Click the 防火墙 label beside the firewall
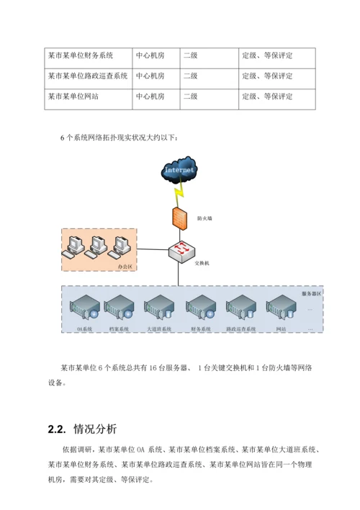(x=204, y=218)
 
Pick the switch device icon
(x=179, y=250)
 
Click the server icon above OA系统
(x=83, y=308)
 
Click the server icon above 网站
(x=280, y=308)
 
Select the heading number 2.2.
(x=56, y=430)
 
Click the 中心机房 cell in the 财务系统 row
(x=150, y=55)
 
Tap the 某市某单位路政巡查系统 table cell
(x=87, y=75)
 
